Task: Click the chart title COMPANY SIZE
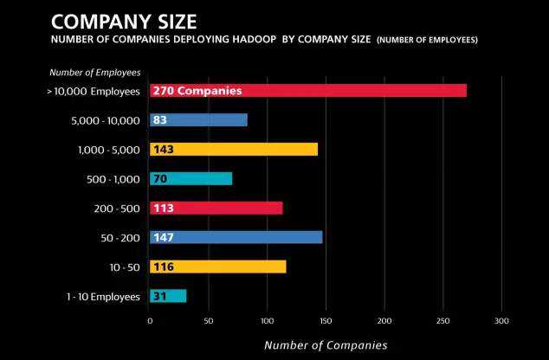[123, 20]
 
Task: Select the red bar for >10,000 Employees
[346, 90]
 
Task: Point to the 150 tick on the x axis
[326, 321]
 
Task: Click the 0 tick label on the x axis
[150, 321]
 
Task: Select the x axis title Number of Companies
[326, 344]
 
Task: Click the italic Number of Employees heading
[94, 73]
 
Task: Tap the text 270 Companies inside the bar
[197, 90]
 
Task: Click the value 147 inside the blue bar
[163, 237]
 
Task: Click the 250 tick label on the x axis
[442, 321]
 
